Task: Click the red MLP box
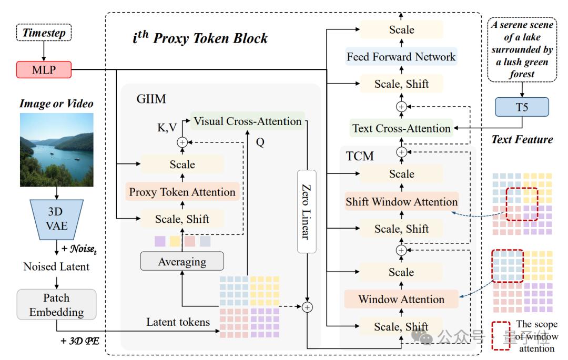click(x=44, y=69)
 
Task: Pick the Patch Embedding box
click(x=56, y=305)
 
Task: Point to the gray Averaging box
click(x=181, y=261)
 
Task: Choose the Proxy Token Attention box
click(x=182, y=192)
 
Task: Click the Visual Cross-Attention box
click(x=247, y=121)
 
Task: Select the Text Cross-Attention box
click(x=401, y=128)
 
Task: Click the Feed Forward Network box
click(x=401, y=56)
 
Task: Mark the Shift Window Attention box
click(x=401, y=202)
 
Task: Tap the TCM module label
click(x=361, y=156)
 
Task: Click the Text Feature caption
click(x=522, y=140)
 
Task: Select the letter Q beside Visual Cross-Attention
click(x=260, y=142)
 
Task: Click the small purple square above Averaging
click(x=160, y=241)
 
